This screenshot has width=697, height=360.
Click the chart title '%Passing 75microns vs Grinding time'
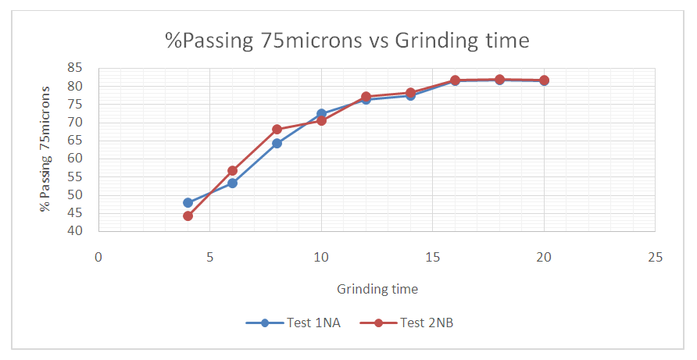[347, 40]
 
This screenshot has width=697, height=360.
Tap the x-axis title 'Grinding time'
[377, 289]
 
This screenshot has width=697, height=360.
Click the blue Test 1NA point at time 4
[188, 202]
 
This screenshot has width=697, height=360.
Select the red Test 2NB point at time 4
[188, 216]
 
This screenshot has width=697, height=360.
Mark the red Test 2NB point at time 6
[232, 170]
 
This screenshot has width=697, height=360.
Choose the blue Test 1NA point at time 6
[232, 183]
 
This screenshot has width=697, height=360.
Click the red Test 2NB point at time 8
[277, 129]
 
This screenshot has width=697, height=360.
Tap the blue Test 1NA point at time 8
[277, 143]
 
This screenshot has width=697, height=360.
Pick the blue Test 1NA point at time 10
[321, 113]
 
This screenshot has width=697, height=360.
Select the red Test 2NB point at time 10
[321, 120]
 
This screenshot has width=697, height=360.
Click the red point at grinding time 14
[410, 92]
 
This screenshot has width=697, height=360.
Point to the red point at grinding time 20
[544, 80]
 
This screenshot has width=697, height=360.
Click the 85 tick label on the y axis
[75, 68]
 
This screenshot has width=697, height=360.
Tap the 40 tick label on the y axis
[75, 231]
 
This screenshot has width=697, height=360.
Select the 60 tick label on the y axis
[75, 159]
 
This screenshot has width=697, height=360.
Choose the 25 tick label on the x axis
[655, 256]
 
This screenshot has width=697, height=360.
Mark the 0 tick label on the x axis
[98, 256]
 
